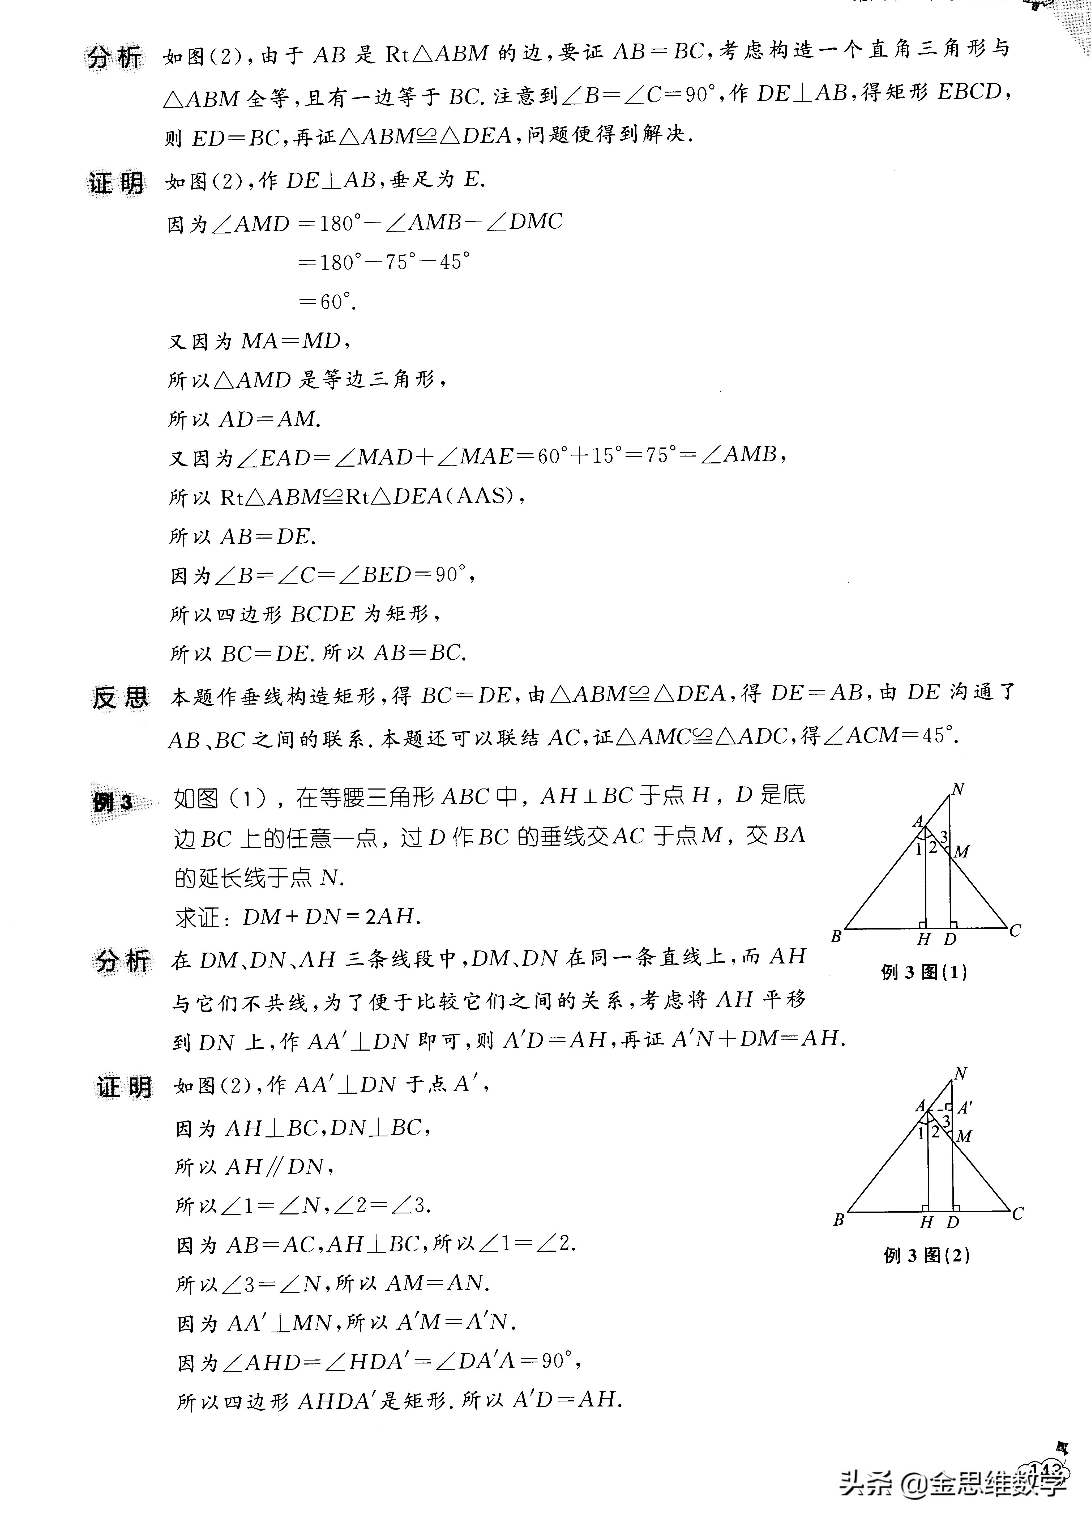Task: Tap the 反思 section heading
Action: click(x=119, y=698)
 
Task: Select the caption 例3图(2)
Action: click(x=927, y=1256)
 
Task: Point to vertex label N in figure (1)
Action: click(x=958, y=790)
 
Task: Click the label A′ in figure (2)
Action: click(x=965, y=1108)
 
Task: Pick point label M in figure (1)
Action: click(x=961, y=852)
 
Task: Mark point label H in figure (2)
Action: click(x=927, y=1223)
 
